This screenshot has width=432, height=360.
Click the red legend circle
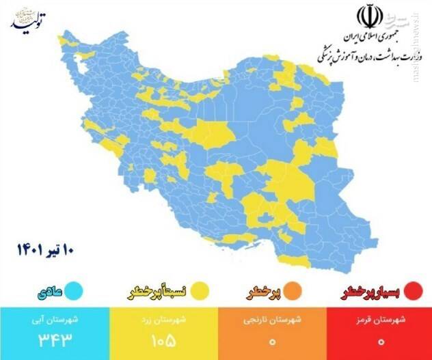(x=411, y=292)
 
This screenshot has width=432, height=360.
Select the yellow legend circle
(x=200, y=292)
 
